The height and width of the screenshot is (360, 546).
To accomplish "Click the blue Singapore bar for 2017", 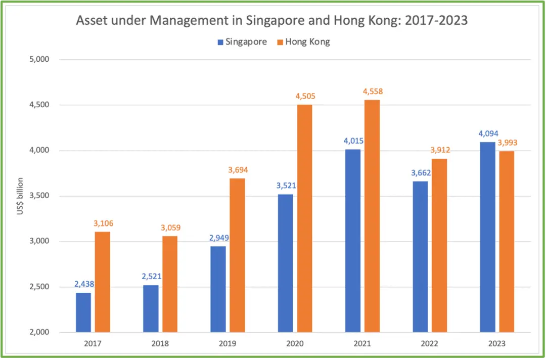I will point(83,312).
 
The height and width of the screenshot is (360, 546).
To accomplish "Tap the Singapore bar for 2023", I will point(487,237).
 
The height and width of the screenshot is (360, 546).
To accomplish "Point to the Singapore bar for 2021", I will point(353,241).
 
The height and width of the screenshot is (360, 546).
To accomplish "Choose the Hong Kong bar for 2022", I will point(439,245).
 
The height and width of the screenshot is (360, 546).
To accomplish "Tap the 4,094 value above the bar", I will point(487,133).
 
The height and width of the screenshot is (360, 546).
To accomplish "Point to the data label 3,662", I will point(420,173).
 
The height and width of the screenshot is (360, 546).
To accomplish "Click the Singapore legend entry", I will point(242,42).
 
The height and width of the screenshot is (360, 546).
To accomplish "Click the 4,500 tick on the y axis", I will point(37,105).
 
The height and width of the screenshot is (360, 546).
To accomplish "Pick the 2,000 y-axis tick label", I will point(37,333).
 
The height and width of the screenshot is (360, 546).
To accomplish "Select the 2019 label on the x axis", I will point(227,344).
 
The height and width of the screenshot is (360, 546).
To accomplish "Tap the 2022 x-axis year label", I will point(430,344).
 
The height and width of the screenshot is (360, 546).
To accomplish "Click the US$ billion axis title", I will point(20,196).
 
